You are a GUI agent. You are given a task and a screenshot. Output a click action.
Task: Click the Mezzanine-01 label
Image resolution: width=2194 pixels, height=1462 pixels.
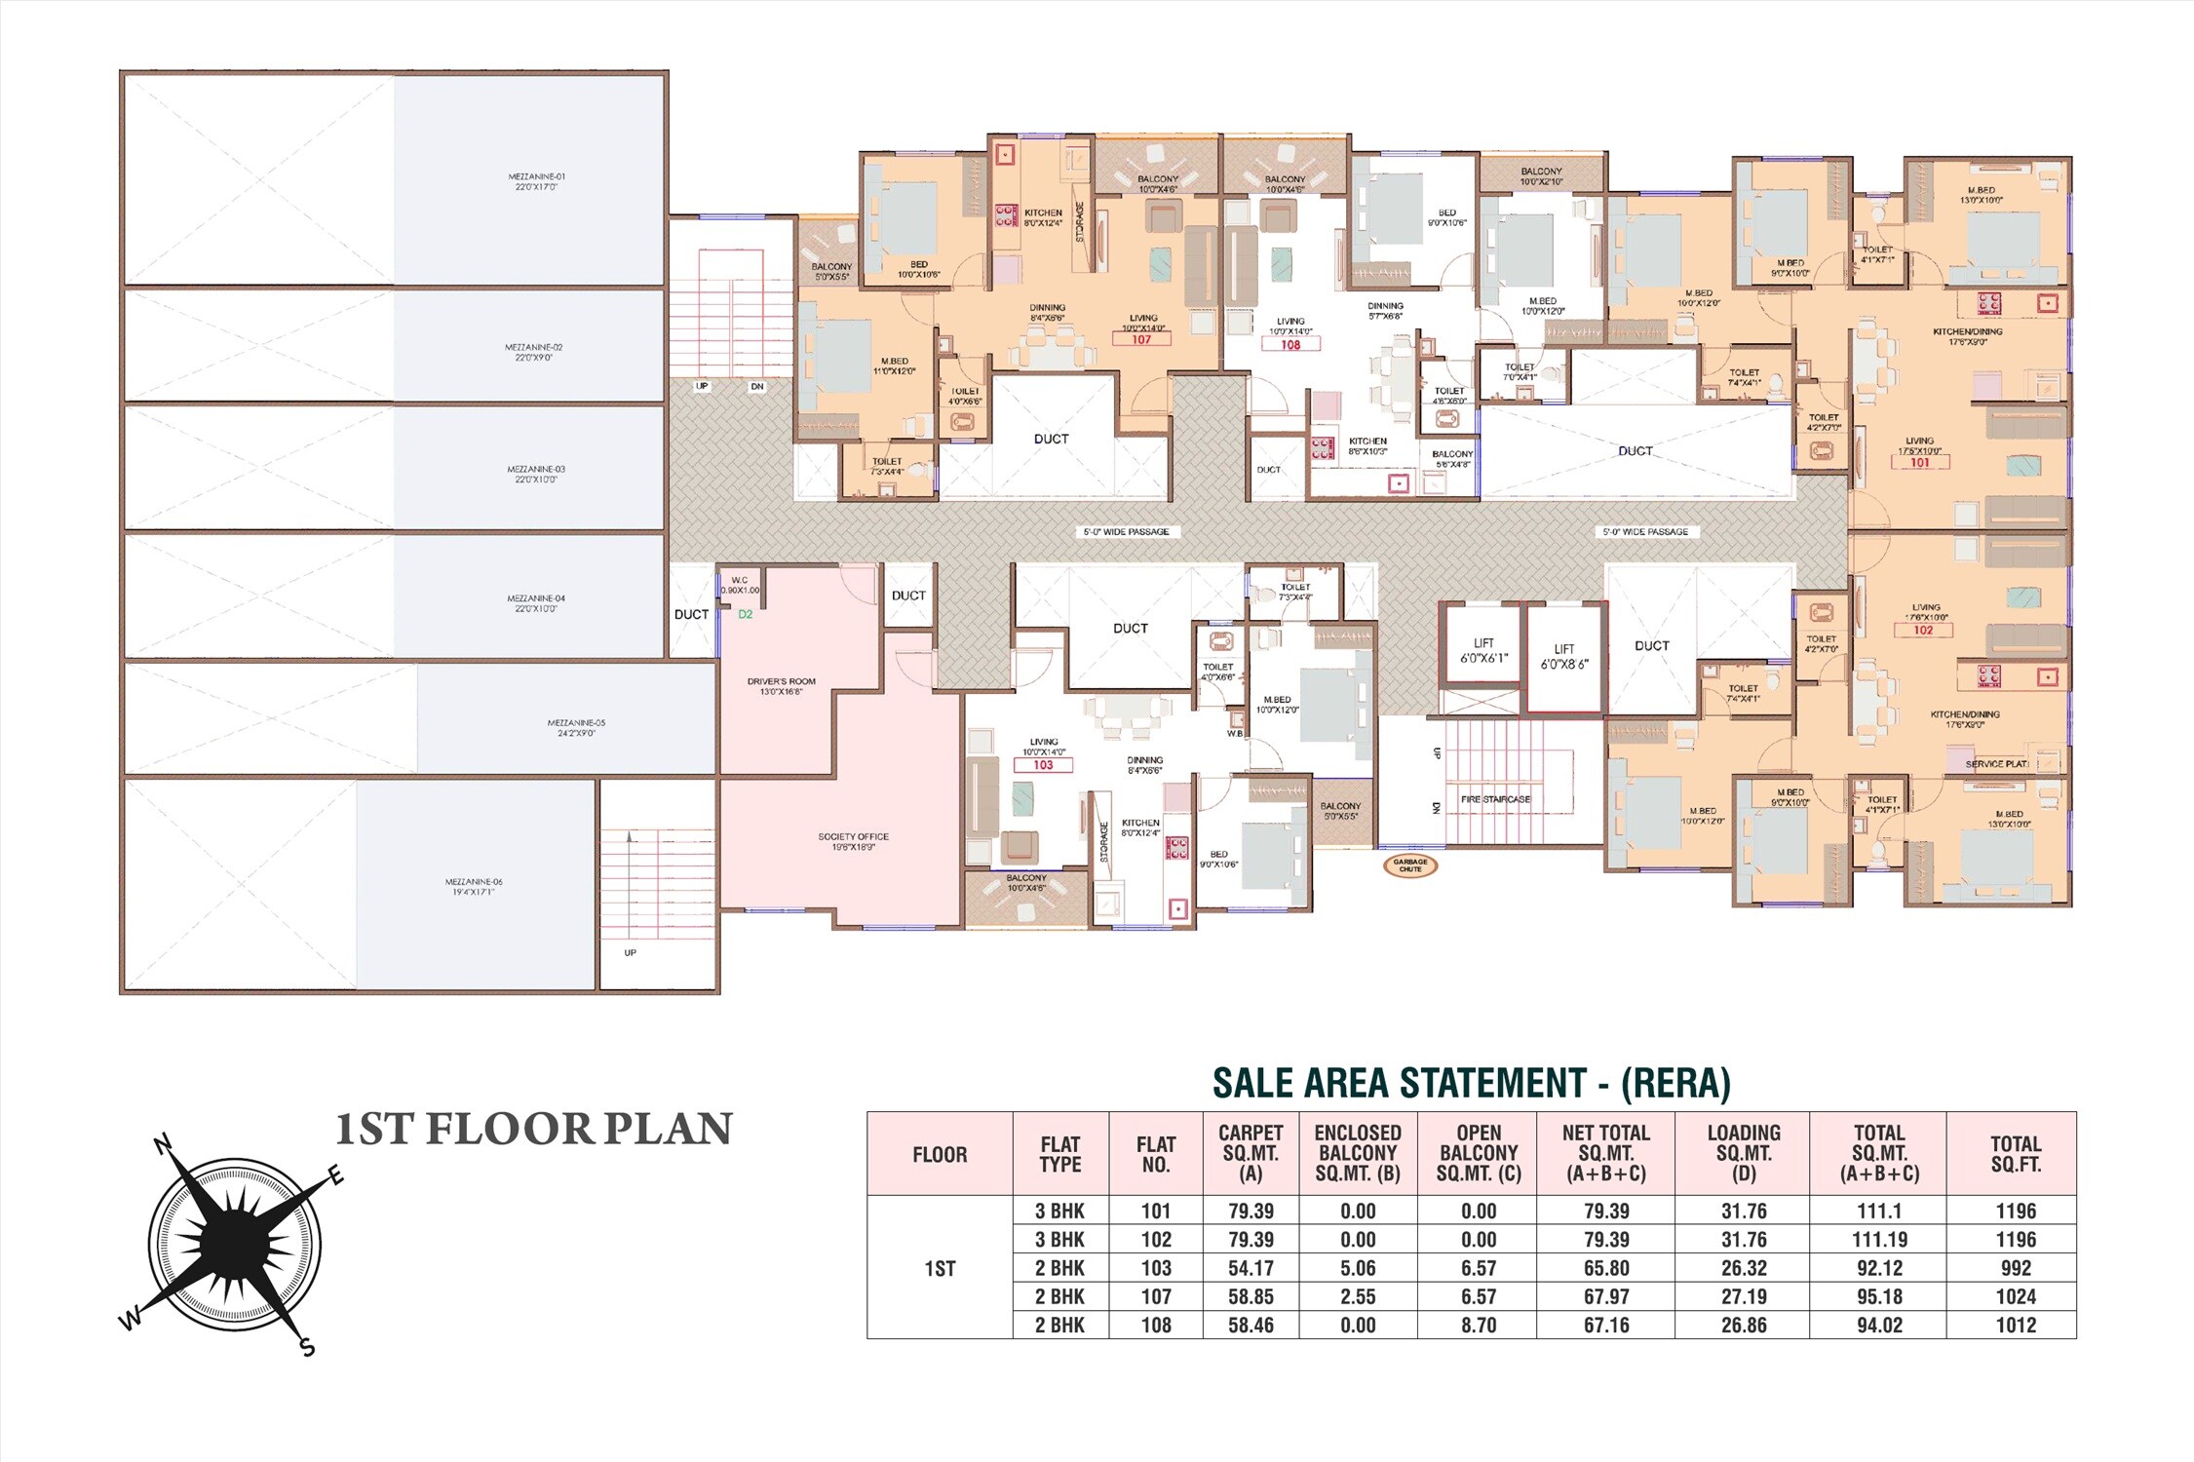[x=536, y=181]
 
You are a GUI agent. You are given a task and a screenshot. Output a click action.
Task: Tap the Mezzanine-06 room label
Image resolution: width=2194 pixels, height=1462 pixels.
[x=474, y=886]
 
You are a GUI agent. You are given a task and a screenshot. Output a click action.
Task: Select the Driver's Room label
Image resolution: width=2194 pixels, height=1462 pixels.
[x=781, y=686]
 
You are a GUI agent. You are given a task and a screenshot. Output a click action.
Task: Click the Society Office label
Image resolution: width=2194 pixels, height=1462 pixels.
[x=853, y=841]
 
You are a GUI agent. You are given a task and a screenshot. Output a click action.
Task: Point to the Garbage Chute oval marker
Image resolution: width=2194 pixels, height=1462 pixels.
[x=1409, y=865]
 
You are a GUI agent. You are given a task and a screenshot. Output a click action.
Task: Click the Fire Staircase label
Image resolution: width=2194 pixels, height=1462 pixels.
[x=1494, y=799]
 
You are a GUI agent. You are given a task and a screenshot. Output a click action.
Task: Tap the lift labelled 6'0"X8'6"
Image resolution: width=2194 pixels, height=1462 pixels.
[x=1563, y=656]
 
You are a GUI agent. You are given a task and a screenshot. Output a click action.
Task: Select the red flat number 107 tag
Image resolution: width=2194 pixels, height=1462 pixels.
[x=1140, y=340]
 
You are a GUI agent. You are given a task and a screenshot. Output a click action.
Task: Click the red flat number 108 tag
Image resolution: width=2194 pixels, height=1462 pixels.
[x=1289, y=345]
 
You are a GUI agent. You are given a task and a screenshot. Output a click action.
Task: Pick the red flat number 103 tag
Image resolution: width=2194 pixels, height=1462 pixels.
[x=1043, y=765]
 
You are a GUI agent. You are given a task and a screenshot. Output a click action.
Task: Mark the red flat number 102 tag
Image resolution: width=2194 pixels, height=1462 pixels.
[x=1922, y=631]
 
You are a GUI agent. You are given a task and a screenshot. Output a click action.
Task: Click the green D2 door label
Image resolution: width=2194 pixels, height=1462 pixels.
[x=745, y=615]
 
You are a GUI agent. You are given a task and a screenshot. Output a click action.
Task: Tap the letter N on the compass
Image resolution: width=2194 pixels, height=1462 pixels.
[x=165, y=1144]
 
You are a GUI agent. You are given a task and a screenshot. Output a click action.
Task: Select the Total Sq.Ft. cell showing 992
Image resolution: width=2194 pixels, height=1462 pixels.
[x=2015, y=1268]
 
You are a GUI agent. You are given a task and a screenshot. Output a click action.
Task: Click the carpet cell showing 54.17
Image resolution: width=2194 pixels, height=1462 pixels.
[x=1250, y=1268]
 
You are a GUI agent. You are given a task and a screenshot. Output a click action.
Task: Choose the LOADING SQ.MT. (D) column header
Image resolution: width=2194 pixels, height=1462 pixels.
[x=1743, y=1153]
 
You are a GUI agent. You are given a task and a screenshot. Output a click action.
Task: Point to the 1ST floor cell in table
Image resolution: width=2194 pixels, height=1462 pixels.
[x=940, y=1268]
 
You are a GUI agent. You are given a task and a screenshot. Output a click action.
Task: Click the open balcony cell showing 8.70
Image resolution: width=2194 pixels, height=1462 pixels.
[x=1478, y=1326]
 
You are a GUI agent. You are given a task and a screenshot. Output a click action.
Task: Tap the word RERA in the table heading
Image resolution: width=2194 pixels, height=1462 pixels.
[x=1674, y=1083]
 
